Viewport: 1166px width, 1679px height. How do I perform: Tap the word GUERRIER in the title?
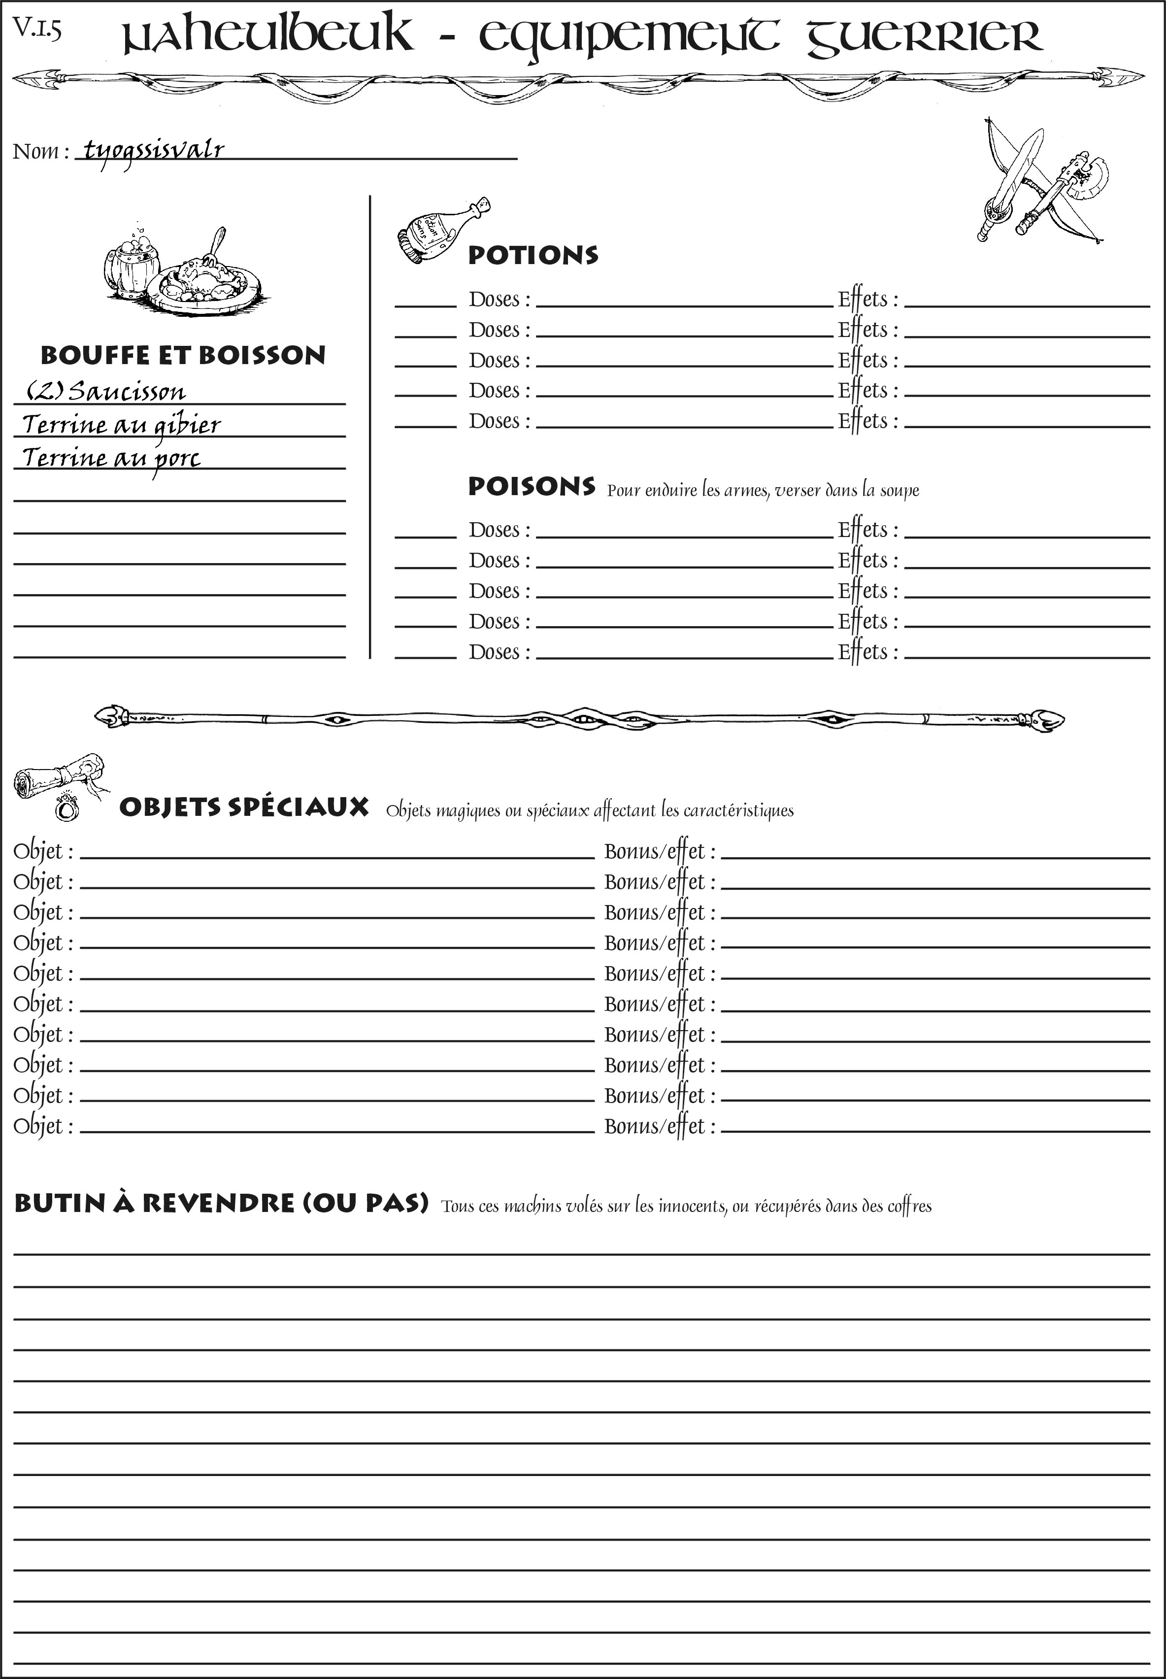point(924,36)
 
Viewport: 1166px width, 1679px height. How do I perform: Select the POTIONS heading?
point(533,255)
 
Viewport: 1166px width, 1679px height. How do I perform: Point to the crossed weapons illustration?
point(1041,183)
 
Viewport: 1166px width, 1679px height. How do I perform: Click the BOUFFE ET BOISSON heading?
point(183,355)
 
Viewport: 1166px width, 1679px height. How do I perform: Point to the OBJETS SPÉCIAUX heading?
point(243,807)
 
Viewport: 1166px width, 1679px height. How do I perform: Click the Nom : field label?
point(40,152)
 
